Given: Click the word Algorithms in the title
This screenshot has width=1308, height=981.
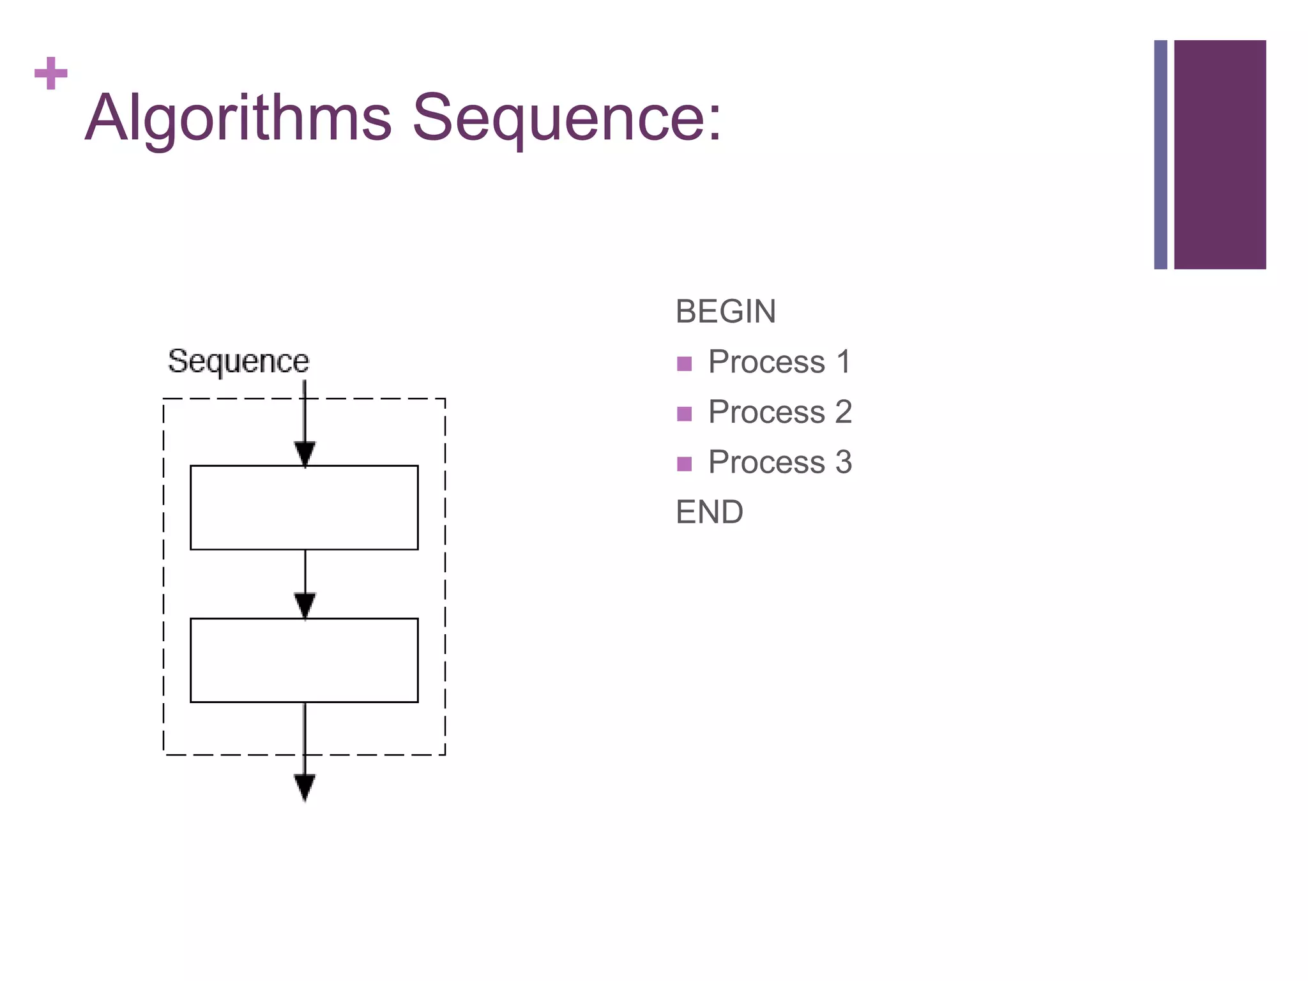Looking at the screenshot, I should click(x=238, y=119).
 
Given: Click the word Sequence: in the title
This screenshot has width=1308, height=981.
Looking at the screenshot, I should click(x=567, y=119).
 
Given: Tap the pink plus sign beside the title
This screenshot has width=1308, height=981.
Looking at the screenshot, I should click(x=51, y=73).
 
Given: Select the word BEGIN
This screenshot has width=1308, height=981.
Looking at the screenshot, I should click(x=726, y=312).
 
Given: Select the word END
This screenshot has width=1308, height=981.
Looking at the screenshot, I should click(x=710, y=512).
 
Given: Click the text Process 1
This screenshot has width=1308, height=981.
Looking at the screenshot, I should click(x=780, y=362).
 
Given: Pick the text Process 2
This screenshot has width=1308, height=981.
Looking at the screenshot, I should click(x=780, y=412).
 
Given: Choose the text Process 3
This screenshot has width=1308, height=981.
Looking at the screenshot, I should click(x=780, y=462).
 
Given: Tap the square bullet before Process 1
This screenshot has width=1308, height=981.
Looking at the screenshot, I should click(x=684, y=363).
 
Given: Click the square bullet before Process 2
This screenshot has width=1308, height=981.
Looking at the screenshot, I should click(x=684, y=414).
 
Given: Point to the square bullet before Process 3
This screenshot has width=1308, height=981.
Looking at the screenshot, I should click(x=684, y=464).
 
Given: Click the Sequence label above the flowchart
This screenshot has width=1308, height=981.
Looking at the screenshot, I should click(x=238, y=361).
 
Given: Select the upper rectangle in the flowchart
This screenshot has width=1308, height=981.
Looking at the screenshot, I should click(x=304, y=508).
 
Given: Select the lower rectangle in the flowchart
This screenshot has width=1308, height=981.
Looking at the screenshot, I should click(x=304, y=660).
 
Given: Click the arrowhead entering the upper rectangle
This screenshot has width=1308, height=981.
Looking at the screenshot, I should click(x=305, y=453).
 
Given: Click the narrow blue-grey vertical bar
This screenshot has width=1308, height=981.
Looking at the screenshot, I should click(x=1160, y=155).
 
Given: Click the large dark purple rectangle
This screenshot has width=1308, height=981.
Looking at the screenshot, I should click(x=1220, y=155).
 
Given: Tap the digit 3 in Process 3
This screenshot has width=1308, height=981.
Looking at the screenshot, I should click(x=844, y=462).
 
